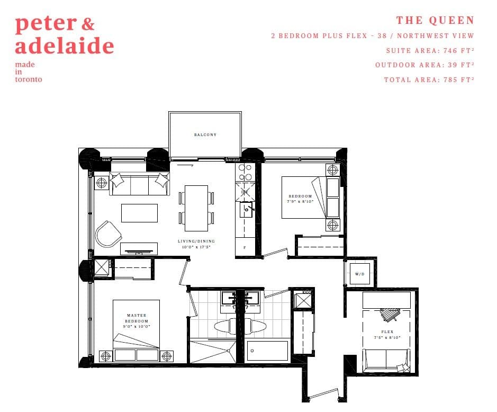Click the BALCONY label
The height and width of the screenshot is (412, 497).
(205, 135)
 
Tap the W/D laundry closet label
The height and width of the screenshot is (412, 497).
(360, 274)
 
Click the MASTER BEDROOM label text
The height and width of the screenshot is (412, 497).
(137, 321)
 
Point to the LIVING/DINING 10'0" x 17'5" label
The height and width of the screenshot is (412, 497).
(196, 244)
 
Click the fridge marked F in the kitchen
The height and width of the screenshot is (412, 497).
(245, 247)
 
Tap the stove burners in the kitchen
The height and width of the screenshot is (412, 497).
(245, 172)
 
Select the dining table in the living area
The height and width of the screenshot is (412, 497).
(196, 208)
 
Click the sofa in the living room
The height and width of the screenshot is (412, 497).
(140, 185)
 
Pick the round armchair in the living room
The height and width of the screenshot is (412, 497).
(109, 234)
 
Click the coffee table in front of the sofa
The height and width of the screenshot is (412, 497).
(139, 213)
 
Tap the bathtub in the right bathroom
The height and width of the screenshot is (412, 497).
(268, 351)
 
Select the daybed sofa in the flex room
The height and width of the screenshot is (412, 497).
(386, 359)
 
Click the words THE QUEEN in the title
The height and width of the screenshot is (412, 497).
(435, 21)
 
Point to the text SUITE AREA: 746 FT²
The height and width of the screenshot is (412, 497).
(430, 51)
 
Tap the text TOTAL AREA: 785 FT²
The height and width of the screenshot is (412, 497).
(429, 80)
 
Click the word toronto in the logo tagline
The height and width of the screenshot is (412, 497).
(29, 79)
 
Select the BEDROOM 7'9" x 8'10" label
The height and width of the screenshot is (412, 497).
(300, 199)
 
